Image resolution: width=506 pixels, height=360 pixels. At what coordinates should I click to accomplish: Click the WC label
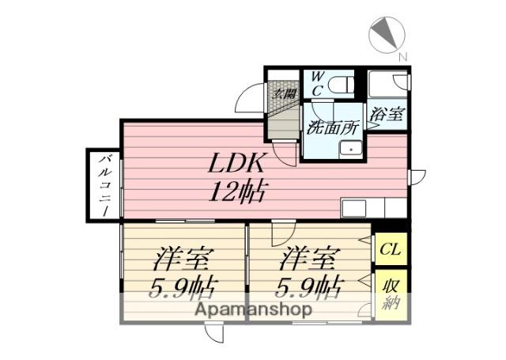pyautogui.click(x=315, y=83)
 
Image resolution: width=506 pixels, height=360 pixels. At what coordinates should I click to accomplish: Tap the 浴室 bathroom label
pyautogui.click(x=388, y=113)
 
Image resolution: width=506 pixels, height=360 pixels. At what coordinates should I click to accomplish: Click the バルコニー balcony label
pyautogui.click(x=104, y=184)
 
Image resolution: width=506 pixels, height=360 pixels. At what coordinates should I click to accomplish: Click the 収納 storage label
pyautogui.click(x=390, y=294)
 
